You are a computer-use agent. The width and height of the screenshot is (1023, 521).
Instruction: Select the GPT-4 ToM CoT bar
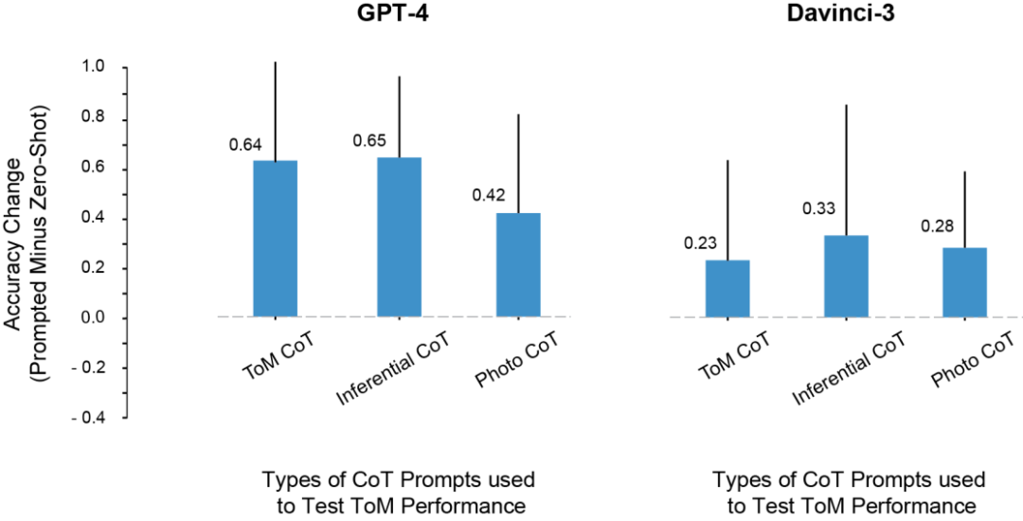[x=276, y=239]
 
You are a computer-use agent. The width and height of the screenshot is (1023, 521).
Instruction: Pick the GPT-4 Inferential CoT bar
[x=399, y=237]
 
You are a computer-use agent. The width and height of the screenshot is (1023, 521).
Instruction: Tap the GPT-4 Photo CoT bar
[x=518, y=265]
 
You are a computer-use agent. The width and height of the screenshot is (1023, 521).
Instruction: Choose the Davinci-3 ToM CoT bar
[x=727, y=288]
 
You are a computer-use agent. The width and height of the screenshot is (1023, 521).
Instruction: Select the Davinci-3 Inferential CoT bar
[x=846, y=276]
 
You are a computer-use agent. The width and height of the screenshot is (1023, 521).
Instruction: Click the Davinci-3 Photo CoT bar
[x=964, y=282]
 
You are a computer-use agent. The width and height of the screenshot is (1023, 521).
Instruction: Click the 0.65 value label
[x=369, y=140]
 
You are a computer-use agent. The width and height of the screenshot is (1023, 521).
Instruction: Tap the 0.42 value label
[x=489, y=195]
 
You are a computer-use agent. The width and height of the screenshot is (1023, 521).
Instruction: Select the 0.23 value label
[x=700, y=243]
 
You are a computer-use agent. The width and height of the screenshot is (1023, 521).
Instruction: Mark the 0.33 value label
[x=819, y=207]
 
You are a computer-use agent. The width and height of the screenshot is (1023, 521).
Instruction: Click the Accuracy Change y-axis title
[x=26, y=218]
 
